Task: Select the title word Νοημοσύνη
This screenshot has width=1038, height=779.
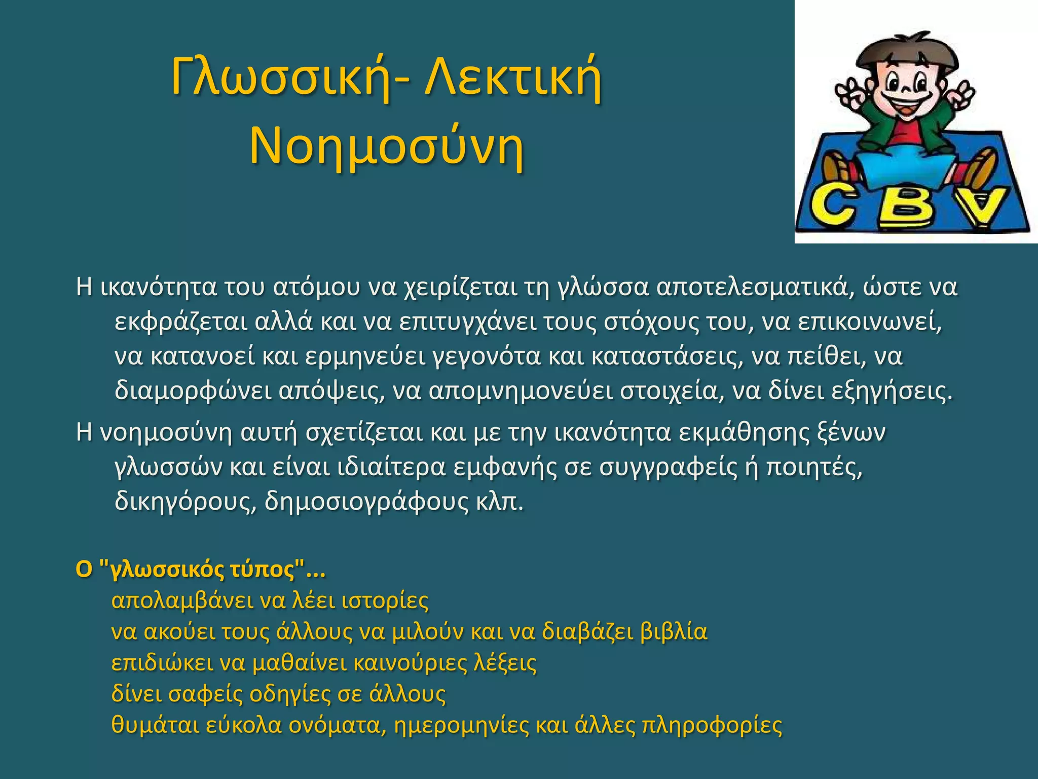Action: [386, 147]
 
